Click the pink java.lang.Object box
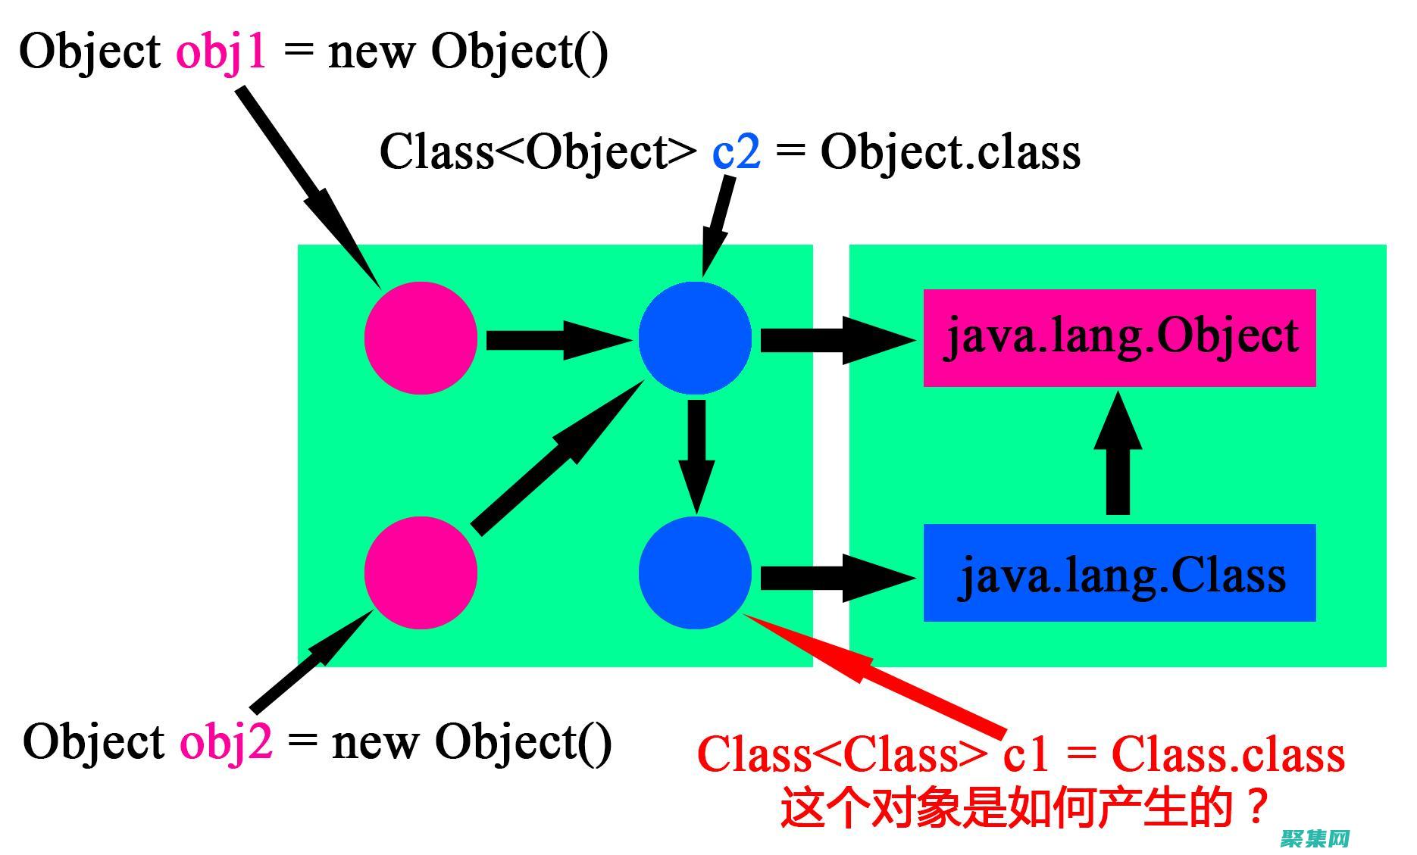tap(1119, 338)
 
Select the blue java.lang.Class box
tap(1119, 573)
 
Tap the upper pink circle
tap(421, 338)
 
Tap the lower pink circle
tap(421, 573)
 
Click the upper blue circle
tap(695, 338)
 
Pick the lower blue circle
tap(695, 573)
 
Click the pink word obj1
tap(221, 53)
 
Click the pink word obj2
tap(225, 742)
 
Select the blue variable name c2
tap(736, 151)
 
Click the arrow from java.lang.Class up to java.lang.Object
tap(1118, 454)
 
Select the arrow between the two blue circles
tap(696, 454)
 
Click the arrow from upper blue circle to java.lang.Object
tap(837, 340)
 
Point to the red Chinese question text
tap(1023, 807)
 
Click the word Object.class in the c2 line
tap(950, 152)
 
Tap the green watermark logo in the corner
tap(1315, 838)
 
